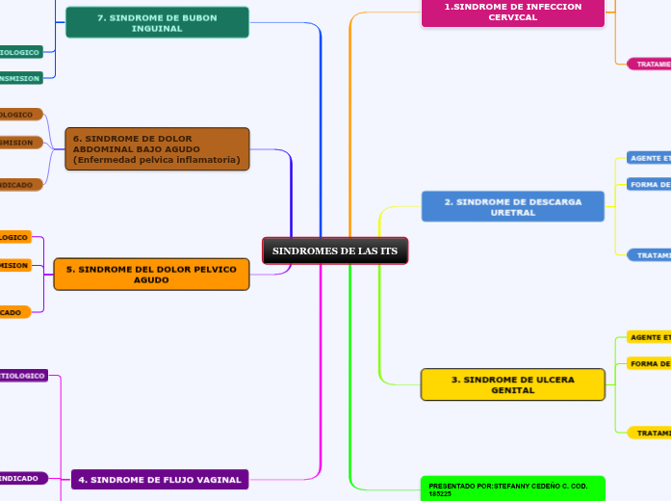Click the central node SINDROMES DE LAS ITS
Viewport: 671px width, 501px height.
(x=335, y=250)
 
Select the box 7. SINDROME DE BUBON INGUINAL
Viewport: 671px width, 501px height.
(x=157, y=22)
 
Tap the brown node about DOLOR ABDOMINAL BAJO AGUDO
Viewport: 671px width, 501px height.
(x=157, y=149)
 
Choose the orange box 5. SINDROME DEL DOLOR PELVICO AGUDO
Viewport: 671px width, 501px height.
(x=151, y=275)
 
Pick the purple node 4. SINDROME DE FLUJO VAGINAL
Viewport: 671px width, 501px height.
(x=160, y=479)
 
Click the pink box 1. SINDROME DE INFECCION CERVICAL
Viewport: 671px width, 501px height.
(x=513, y=12)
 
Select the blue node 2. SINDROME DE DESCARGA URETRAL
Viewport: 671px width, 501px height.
(x=513, y=207)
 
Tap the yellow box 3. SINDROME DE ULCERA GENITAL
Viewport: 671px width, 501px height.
(x=513, y=384)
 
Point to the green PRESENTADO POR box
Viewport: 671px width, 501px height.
(x=513, y=488)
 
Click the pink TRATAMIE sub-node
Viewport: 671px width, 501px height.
(x=649, y=64)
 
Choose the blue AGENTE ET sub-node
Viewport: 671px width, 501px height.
(x=649, y=157)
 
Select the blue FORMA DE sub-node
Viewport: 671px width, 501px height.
(x=649, y=184)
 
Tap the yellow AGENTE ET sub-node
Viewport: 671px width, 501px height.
(x=649, y=337)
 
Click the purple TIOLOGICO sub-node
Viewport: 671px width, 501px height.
(x=23, y=376)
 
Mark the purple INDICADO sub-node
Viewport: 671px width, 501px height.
(x=21, y=478)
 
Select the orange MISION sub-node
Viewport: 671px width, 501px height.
(x=15, y=265)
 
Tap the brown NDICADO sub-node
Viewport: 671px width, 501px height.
(x=19, y=184)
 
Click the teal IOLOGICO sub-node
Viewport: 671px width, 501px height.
(x=20, y=52)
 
